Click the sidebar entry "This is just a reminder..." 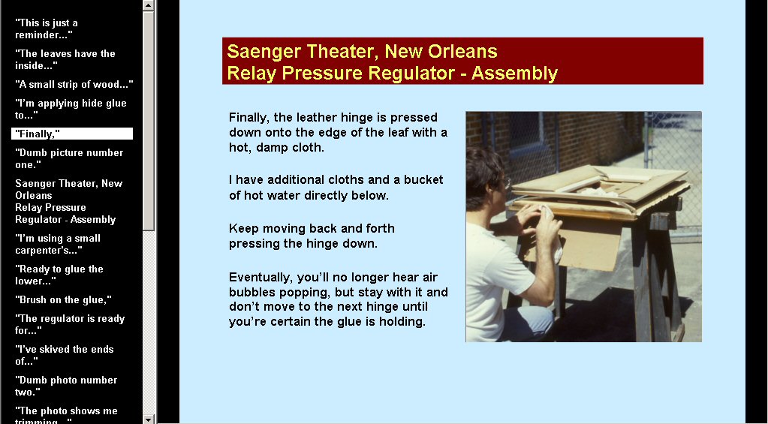47,29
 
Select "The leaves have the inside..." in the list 65,59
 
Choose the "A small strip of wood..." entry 74,84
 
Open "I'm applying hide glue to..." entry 71,109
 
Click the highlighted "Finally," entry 72,134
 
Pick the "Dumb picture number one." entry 69,158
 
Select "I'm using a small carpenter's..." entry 58,245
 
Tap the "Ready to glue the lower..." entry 59,275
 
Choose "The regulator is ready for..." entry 70,324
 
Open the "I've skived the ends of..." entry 64,355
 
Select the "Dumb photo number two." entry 66,386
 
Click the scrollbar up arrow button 149,5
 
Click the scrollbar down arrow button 149,419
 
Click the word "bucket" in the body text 423,179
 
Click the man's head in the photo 485,177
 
